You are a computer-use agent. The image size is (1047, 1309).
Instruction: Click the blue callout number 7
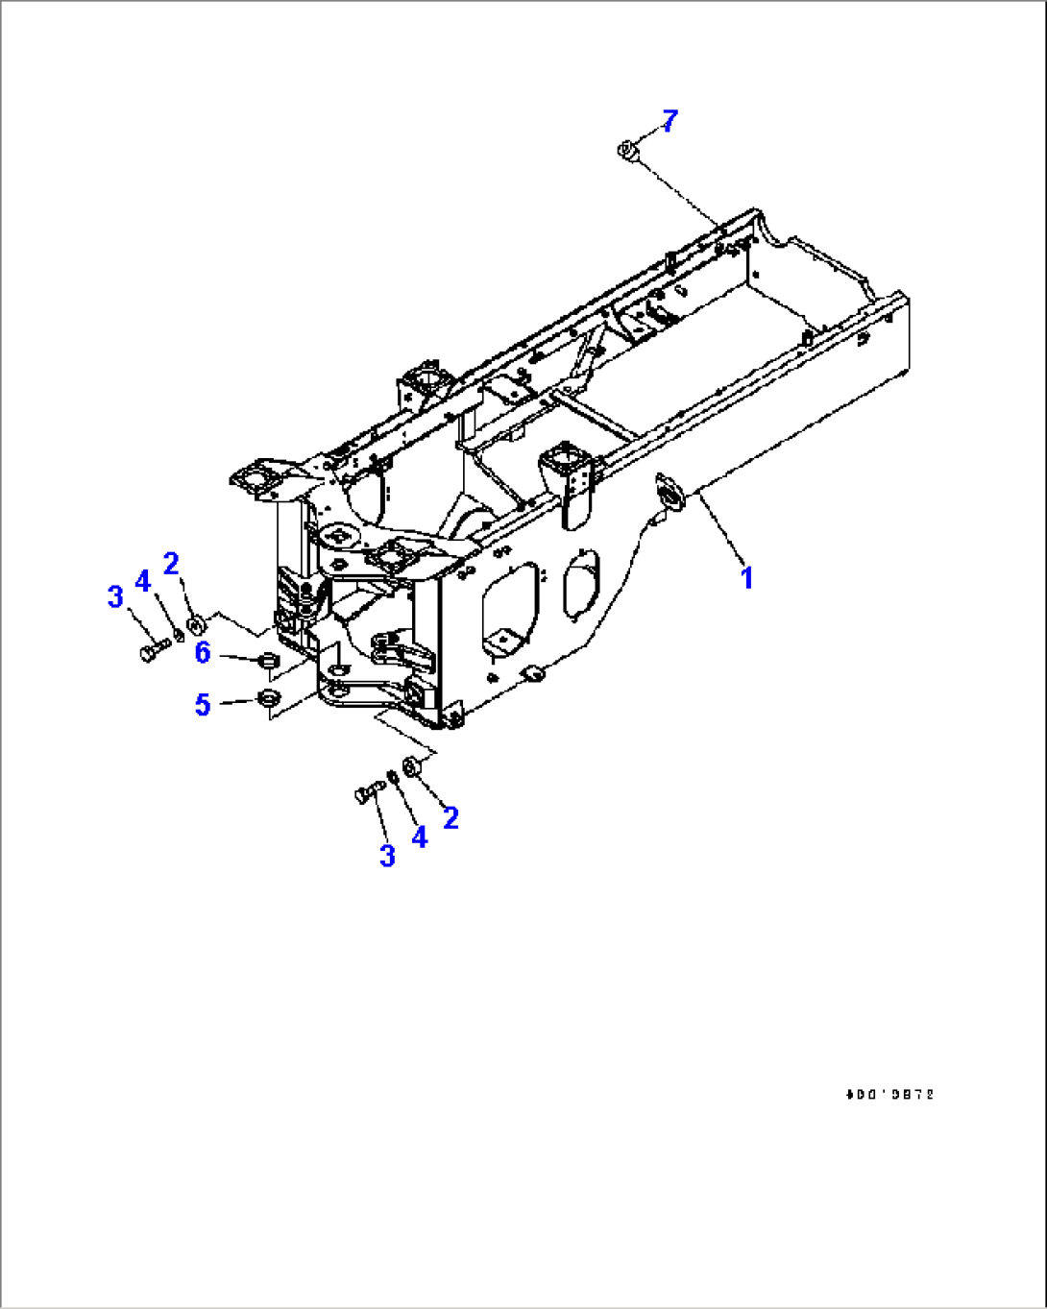point(670,121)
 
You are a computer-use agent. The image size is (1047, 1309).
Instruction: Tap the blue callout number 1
point(746,578)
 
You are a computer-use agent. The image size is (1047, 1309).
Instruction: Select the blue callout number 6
point(203,653)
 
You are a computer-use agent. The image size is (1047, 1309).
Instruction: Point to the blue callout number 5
point(203,705)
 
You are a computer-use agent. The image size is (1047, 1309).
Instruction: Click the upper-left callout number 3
point(115,596)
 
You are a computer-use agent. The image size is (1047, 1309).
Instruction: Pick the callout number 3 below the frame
point(387,856)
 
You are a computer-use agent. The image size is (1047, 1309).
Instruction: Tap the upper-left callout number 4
point(143,580)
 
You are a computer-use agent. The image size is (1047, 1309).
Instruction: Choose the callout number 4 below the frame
point(419,837)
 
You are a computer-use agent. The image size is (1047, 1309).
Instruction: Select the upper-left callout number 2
point(171,564)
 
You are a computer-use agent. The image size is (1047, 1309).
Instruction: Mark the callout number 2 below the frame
point(450,817)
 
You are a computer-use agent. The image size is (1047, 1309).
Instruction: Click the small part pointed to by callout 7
point(627,150)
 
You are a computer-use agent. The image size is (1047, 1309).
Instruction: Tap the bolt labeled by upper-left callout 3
point(153,653)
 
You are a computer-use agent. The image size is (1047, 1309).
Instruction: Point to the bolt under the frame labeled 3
point(367,792)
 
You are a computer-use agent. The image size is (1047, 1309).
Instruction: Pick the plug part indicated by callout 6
point(269,661)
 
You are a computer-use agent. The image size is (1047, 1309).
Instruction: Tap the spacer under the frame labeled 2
point(411,766)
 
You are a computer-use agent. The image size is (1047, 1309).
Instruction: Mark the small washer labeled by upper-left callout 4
point(179,638)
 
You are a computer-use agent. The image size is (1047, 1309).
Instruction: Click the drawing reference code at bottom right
point(889,1094)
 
